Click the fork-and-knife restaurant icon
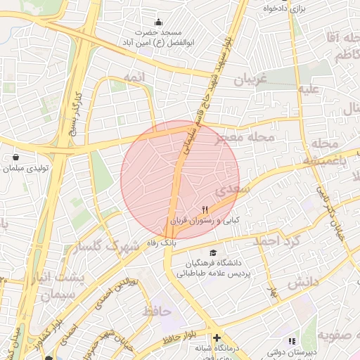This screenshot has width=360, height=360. pos(205,210)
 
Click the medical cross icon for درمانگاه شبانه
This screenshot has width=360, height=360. pos(217,337)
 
